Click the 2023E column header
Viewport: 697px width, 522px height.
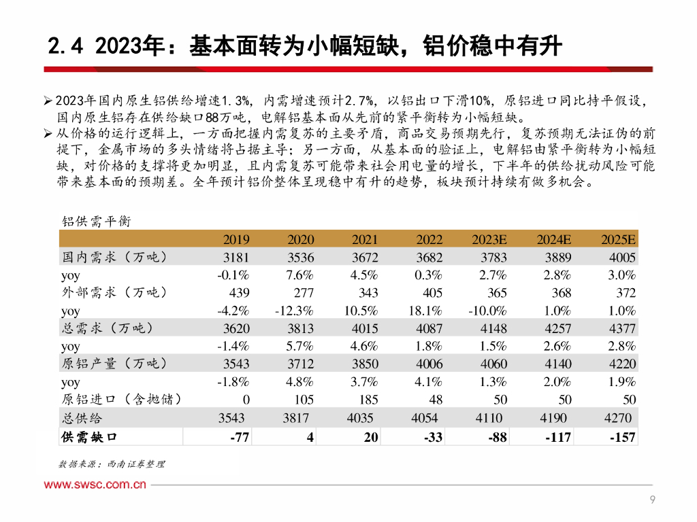489,239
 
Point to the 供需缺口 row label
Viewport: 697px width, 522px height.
88,436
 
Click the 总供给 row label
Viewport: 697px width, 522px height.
82,417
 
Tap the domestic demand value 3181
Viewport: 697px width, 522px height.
236,258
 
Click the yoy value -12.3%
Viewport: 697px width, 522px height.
294,311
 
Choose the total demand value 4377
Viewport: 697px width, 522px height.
622,328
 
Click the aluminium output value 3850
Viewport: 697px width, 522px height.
365,364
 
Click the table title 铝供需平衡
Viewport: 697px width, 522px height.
96,222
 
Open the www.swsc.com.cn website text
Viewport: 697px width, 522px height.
96,485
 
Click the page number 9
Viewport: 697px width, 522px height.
653,501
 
